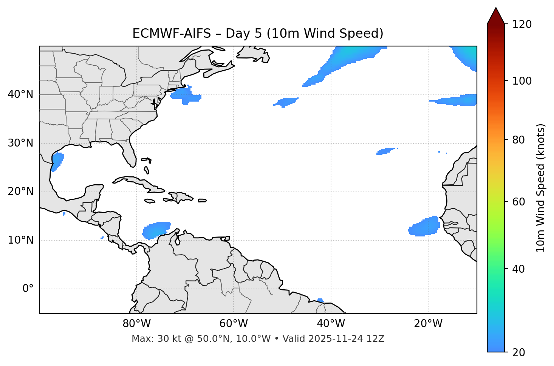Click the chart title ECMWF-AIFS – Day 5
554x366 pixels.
tap(258, 34)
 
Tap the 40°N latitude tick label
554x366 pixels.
tap(20, 94)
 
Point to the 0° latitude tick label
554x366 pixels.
tap(28, 289)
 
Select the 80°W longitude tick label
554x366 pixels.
tap(136, 324)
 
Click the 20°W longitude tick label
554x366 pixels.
tap(428, 324)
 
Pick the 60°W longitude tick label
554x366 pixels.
tap(234, 324)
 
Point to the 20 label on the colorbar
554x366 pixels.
tap(518, 352)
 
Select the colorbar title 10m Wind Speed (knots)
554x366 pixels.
tap(541, 188)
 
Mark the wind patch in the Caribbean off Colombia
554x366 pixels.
tap(156, 229)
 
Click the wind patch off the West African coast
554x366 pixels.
tap(425, 227)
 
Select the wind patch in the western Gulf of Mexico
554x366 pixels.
tap(57, 161)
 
